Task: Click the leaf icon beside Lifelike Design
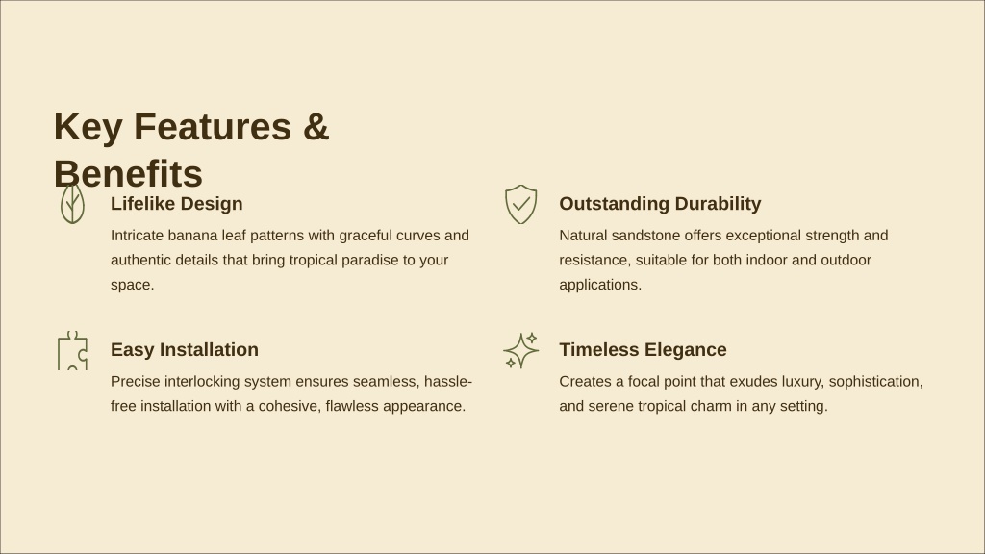(x=72, y=204)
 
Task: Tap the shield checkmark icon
(x=520, y=204)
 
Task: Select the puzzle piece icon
(x=72, y=350)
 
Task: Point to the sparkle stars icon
(x=520, y=350)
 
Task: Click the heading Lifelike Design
(x=177, y=204)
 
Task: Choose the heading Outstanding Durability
(x=660, y=204)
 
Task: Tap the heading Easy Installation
(x=185, y=349)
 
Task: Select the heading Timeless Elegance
(x=643, y=349)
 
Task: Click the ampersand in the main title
(x=316, y=126)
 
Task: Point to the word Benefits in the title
(x=128, y=173)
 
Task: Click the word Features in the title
(x=213, y=126)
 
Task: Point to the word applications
(x=600, y=285)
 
